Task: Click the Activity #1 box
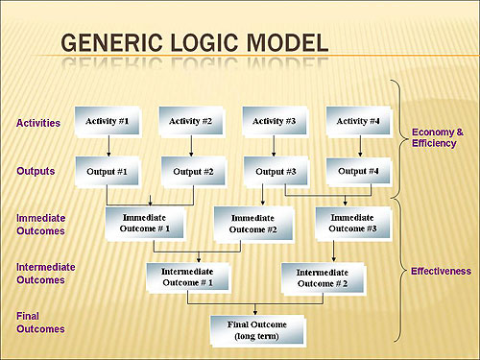(108, 121)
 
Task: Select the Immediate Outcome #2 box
(252, 223)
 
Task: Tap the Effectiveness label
(441, 272)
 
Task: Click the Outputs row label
(36, 171)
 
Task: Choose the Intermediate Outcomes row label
(46, 274)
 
